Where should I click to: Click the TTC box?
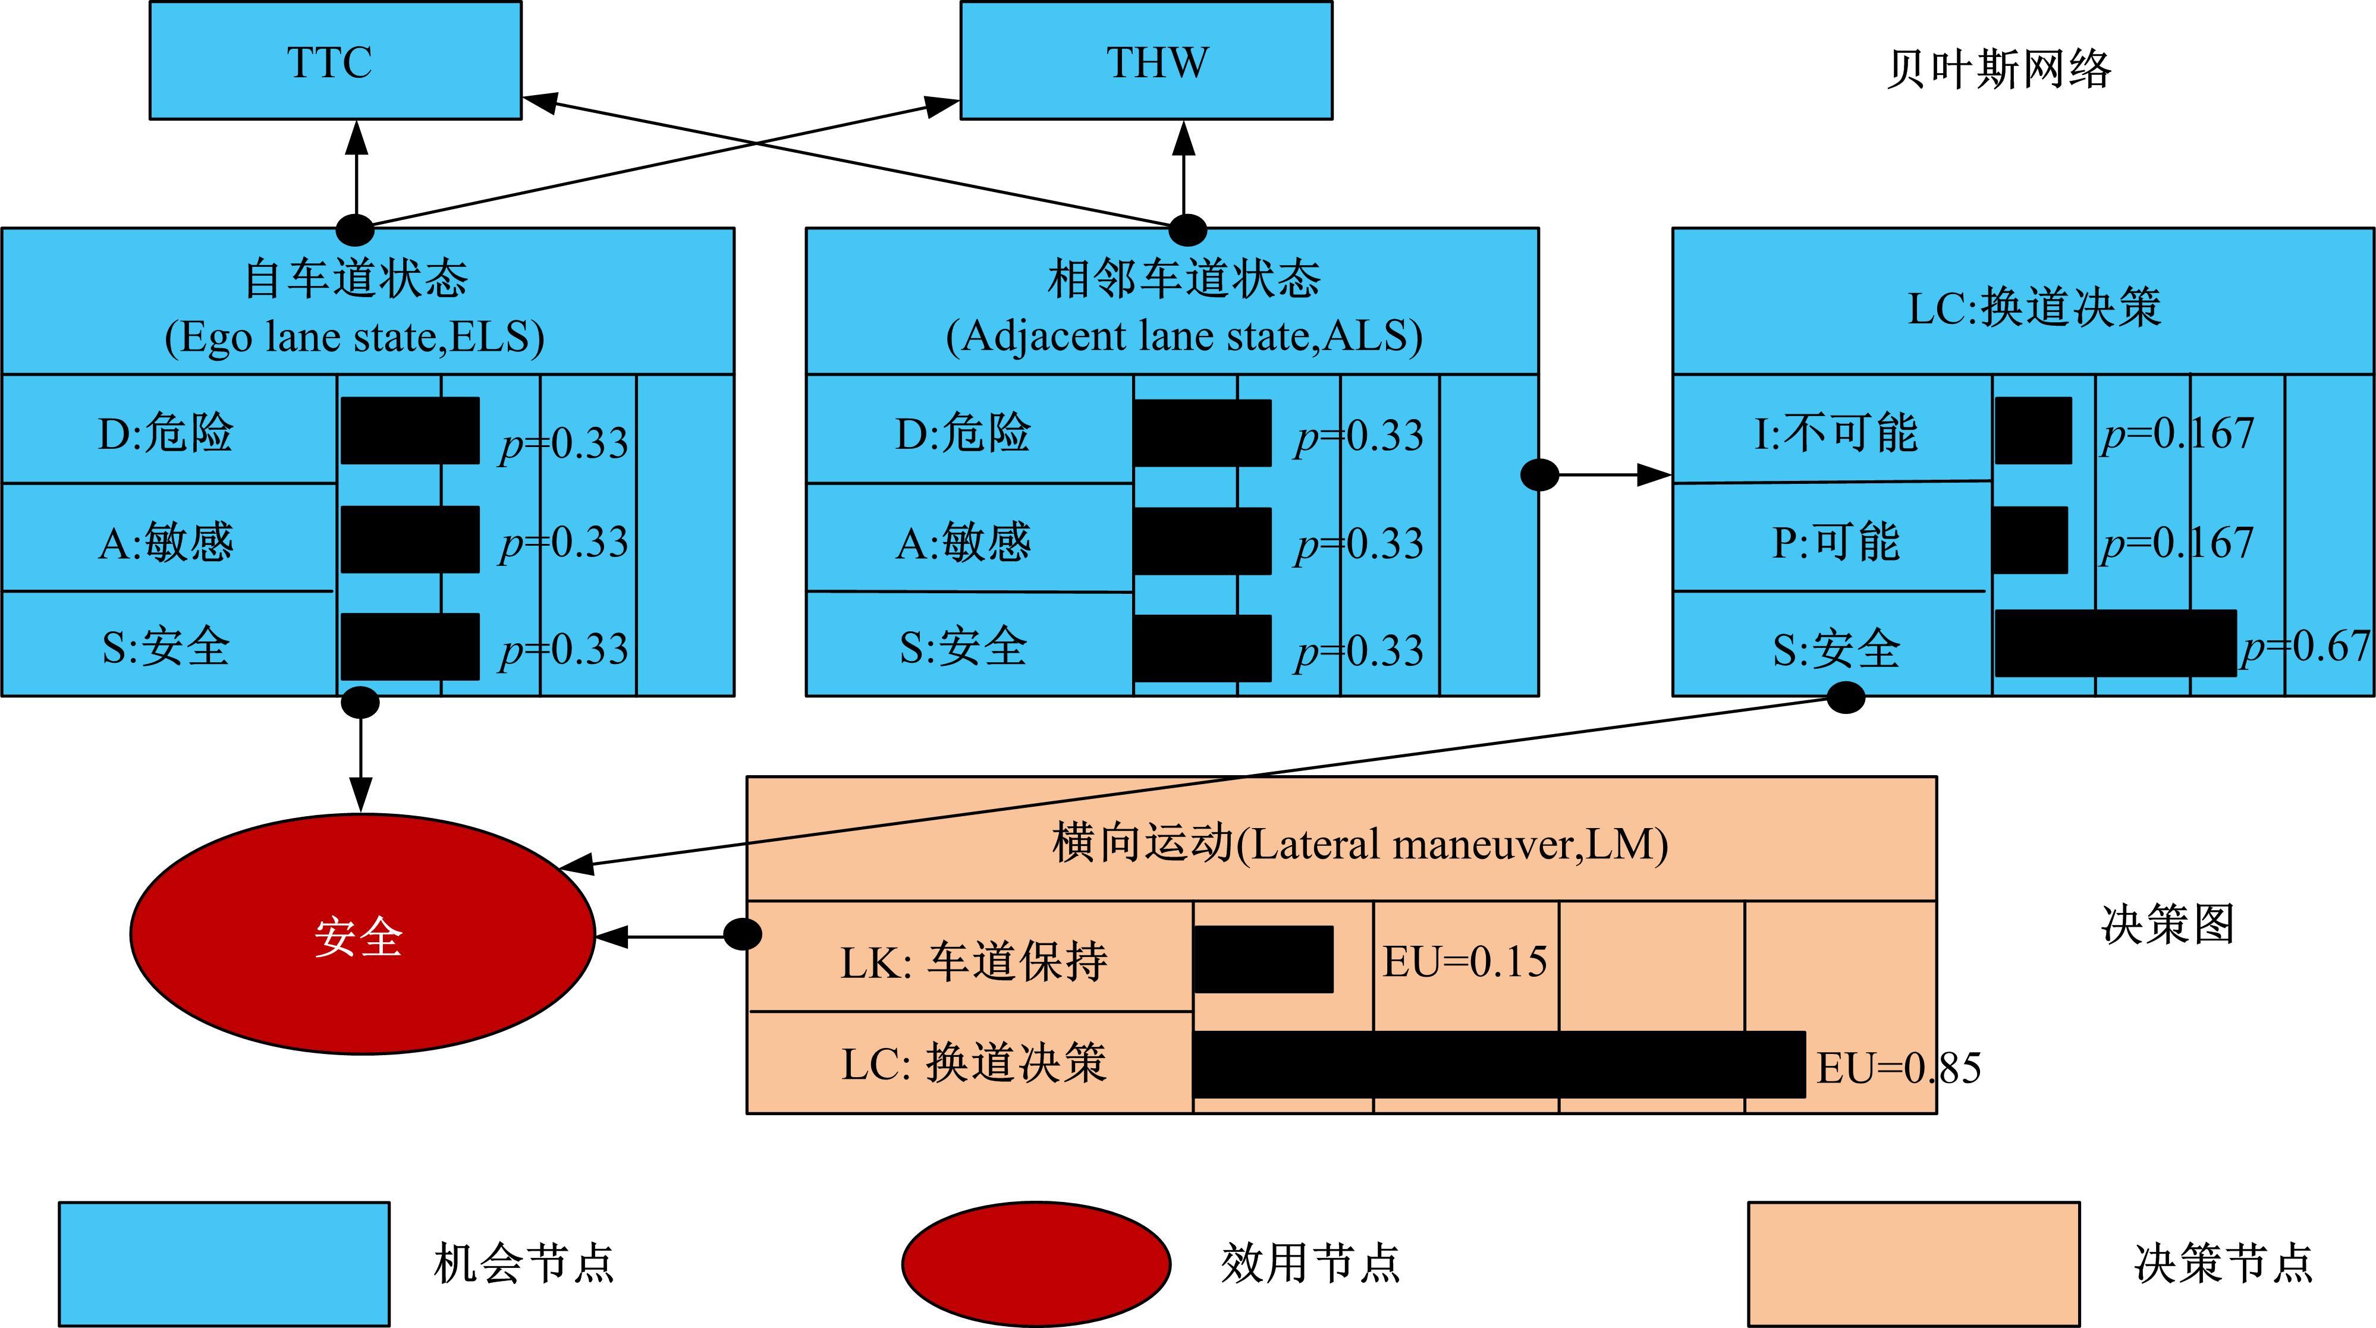click(335, 61)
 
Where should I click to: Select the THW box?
click(1146, 61)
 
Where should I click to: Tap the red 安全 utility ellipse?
click(362, 933)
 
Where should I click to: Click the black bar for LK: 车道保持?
click(1263, 959)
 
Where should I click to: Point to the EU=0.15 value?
click(1464, 962)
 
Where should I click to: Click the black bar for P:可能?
click(2030, 540)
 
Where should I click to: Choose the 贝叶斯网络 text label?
click(1998, 69)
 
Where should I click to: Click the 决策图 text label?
click(2167, 924)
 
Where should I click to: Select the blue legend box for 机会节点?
click(224, 1263)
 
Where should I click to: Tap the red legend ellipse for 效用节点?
click(1036, 1263)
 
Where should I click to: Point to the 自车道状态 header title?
click(356, 279)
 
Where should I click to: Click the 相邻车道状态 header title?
click(1184, 279)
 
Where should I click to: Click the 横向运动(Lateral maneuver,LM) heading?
click(1360, 843)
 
